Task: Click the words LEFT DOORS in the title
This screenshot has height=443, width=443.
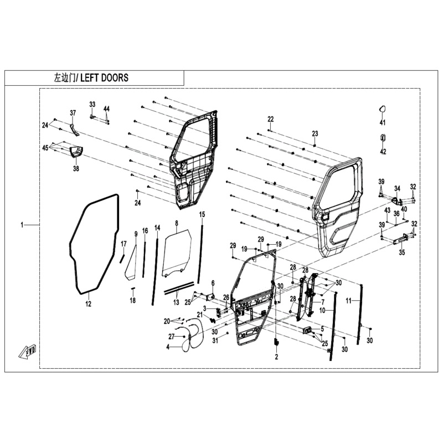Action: point(104,78)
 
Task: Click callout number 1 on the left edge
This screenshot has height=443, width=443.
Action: point(23,225)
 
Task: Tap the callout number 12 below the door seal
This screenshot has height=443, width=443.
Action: point(88,303)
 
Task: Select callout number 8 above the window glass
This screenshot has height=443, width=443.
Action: point(176,223)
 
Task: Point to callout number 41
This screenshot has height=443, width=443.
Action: point(383,122)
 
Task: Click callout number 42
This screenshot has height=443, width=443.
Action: point(383,152)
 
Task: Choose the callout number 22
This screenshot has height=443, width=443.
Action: point(270,119)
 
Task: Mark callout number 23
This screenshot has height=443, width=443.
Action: point(315,133)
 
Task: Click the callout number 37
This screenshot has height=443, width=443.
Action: point(73,113)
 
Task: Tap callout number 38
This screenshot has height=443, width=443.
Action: point(76,168)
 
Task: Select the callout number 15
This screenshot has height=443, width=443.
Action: point(202,214)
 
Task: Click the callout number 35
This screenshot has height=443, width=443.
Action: point(402,253)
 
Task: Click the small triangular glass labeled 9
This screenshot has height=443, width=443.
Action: point(131,263)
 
